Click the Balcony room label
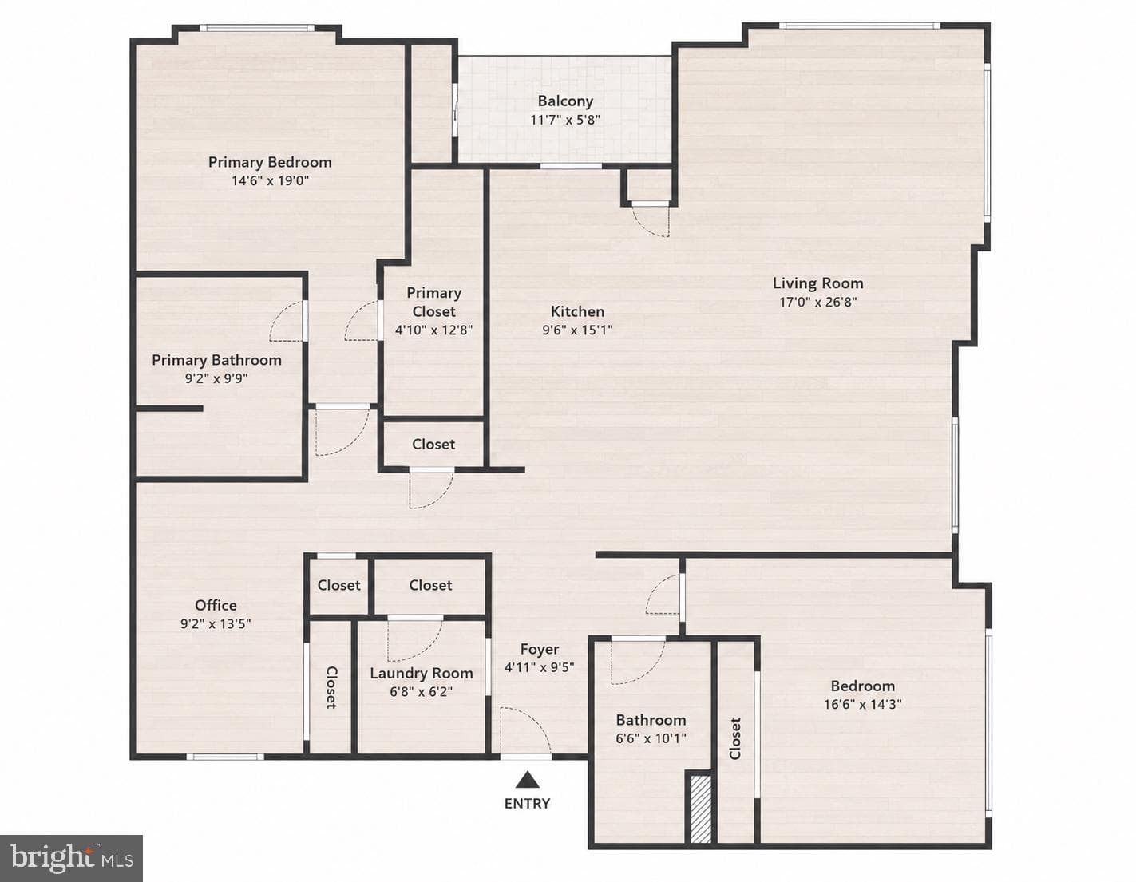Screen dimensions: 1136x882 pyautogui.click(x=565, y=101)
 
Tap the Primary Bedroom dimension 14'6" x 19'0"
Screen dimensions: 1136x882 pyautogui.click(x=271, y=180)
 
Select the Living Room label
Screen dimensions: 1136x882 pyautogui.click(x=818, y=283)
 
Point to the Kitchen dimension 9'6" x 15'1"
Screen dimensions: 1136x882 pyautogui.click(x=578, y=330)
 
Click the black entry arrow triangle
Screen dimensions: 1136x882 pyautogui.click(x=528, y=780)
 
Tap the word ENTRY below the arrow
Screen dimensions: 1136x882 pyautogui.click(x=527, y=803)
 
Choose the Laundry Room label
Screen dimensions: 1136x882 pyautogui.click(x=422, y=673)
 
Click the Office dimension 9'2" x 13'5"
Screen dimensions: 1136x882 pyautogui.click(x=216, y=624)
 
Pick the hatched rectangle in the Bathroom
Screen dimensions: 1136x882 pyautogui.click(x=701, y=809)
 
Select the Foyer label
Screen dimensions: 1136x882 pyautogui.click(x=540, y=649)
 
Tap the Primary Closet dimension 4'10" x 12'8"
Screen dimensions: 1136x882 pyautogui.click(x=434, y=330)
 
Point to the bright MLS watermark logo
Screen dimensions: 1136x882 pyautogui.click(x=71, y=858)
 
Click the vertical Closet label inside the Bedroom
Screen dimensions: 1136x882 pyautogui.click(x=735, y=738)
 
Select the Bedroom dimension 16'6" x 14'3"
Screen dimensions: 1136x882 pyautogui.click(x=863, y=704)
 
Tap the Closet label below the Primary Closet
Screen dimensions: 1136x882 pyautogui.click(x=433, y=444)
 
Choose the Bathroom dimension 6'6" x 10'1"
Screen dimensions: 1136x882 pyautogui.click(x=651, y=738)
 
